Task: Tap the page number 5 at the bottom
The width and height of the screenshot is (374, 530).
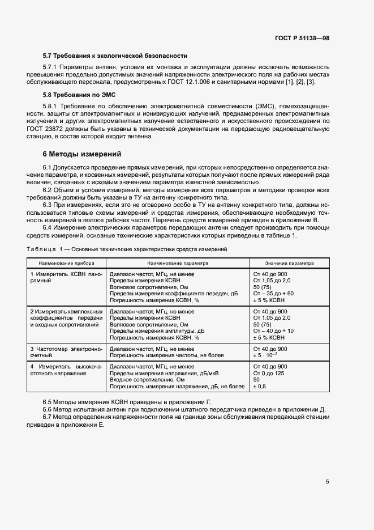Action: (328, 482)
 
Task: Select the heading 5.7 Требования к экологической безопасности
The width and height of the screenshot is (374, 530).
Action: (115, 56)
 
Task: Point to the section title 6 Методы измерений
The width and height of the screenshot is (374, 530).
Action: (82, 154)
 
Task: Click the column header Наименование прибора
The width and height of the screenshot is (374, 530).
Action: (62, 263)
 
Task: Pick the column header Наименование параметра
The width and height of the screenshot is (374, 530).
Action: (178, 263)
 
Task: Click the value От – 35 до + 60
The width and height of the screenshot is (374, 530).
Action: (273, 294)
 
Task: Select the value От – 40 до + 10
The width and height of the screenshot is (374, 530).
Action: (273, 330)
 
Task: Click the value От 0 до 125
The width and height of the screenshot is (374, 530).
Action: (269, 374)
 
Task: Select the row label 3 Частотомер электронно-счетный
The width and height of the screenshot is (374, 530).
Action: (66, 352)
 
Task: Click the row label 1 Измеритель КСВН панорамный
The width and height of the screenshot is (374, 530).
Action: (66, 277)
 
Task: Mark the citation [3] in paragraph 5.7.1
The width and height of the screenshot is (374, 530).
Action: (310, 82)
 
